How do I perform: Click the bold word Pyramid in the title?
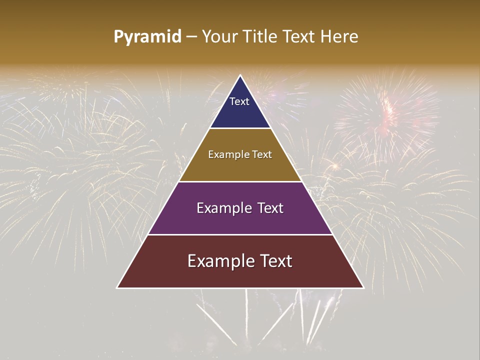pyautogui.click(x=147, y=37)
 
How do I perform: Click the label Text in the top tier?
pyautogui.click(x=239, y=101)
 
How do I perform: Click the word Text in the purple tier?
pyautogui.click(x=267, y=208)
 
